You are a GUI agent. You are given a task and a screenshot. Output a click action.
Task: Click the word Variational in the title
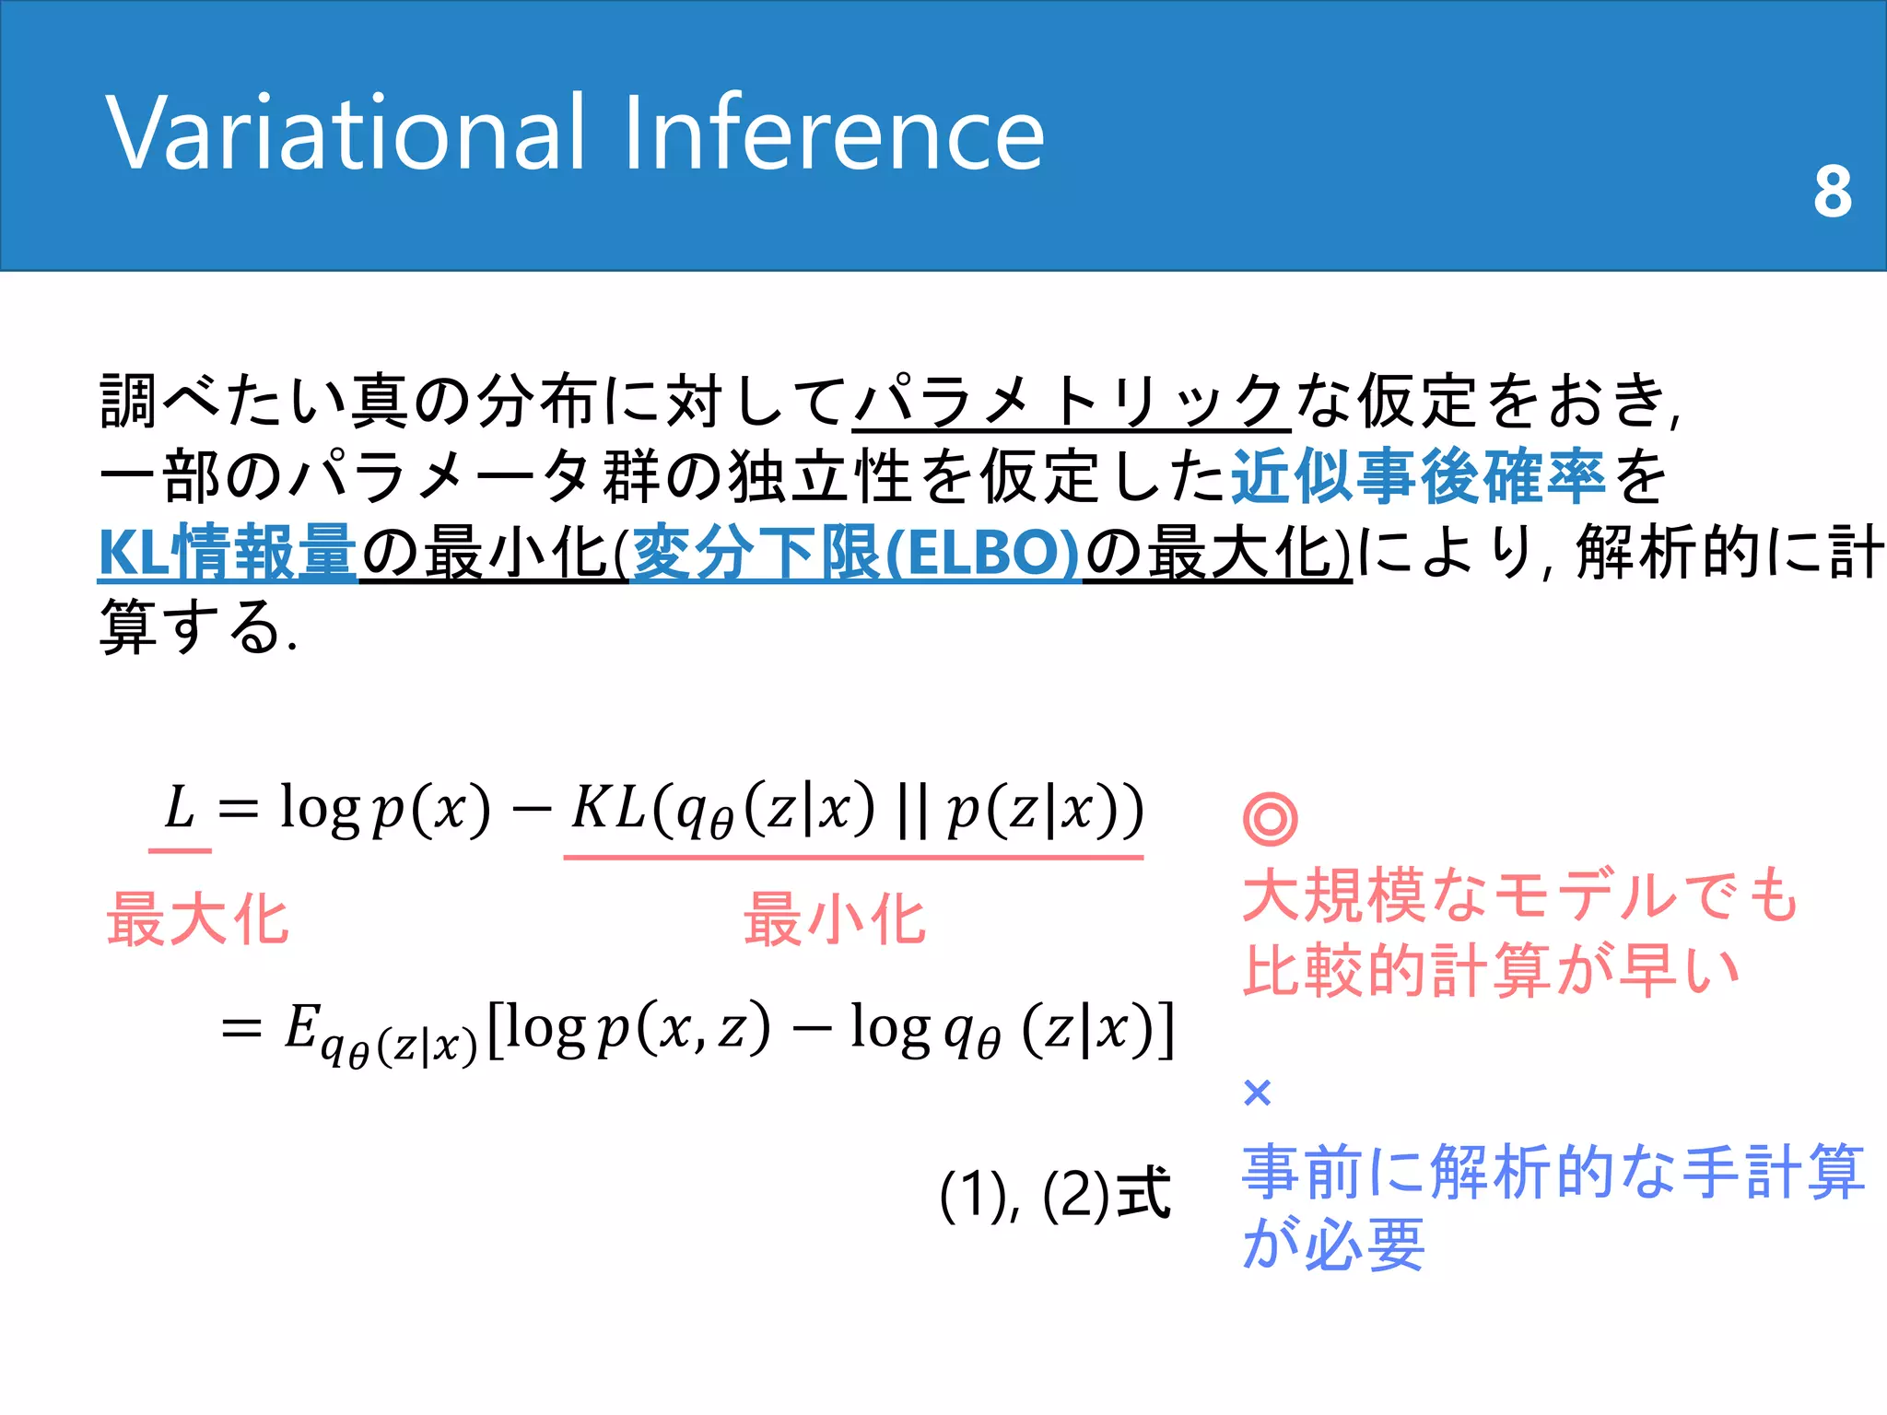click(x=346, y=134)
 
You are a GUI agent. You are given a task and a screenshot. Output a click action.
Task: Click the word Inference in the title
click(x=834, y=134)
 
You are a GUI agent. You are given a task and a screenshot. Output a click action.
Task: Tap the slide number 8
click(x=1832, y=193)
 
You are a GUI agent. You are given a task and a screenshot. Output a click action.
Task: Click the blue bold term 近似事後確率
click(x=1418, y=477)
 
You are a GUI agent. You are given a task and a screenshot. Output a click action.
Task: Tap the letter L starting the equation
click(x=180, y=808)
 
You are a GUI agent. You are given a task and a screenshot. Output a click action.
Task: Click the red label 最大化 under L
click(x=197, y=919)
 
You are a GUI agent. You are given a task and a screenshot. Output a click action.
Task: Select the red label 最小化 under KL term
click(x=835, y=919)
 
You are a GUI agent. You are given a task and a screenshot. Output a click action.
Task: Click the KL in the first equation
click(x=608, y=808)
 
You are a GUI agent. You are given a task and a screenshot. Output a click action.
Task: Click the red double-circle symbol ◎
click(x=1270, y=819)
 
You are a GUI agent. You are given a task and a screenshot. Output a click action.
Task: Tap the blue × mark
click(x=1257, y=1093)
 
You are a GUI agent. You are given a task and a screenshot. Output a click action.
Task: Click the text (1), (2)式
click(x=1054, y=1195)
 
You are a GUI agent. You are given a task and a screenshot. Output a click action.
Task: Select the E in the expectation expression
click(x=301, y=1026)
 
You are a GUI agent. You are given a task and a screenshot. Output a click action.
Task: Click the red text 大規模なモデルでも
click(x=1520, y=895)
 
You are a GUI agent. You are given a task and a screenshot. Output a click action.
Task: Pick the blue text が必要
click(x=1333, y=1244)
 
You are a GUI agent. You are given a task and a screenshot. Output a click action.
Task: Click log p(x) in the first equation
click(x=385, y=810)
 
